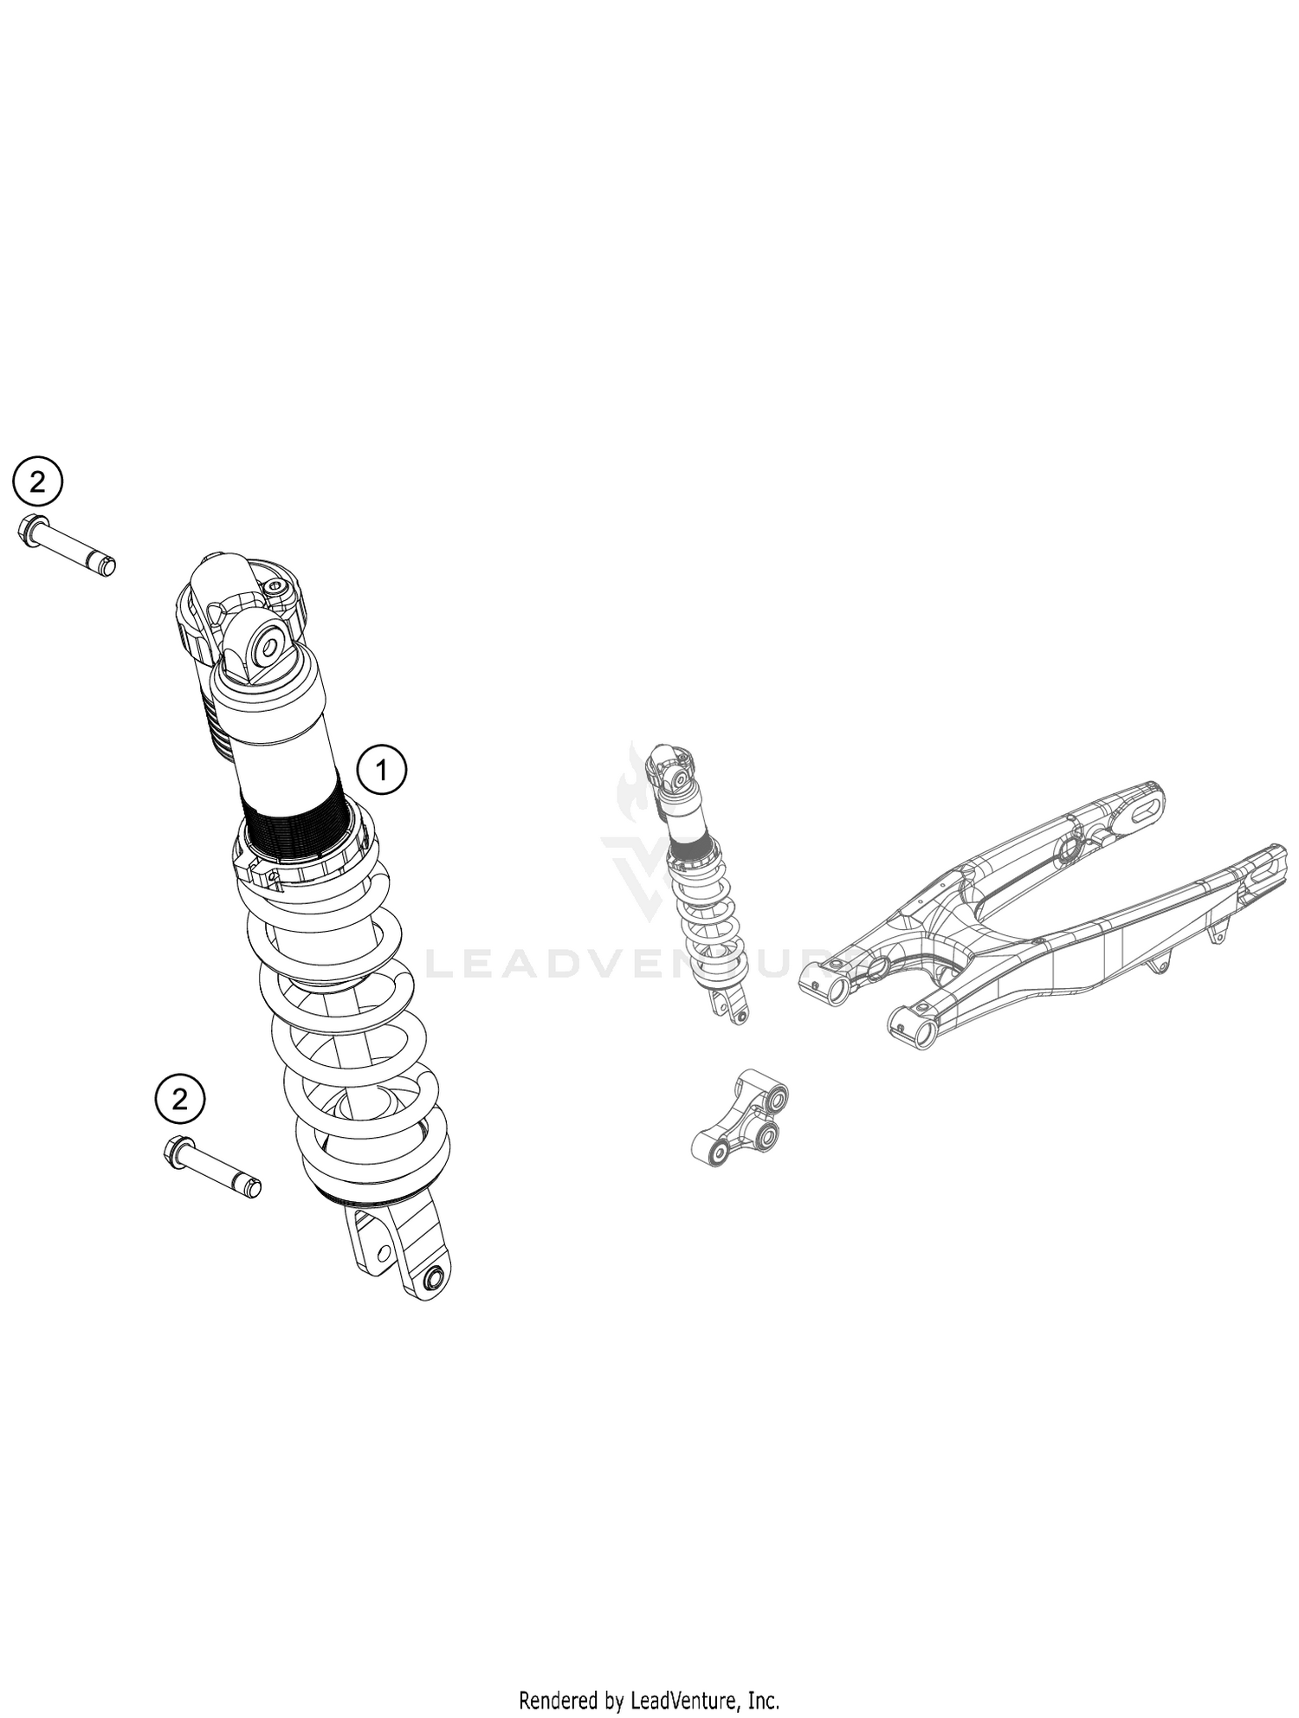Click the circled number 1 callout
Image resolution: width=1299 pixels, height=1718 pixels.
382,768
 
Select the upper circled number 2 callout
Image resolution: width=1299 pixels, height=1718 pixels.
38,481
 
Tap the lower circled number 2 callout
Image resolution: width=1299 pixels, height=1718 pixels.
180,1100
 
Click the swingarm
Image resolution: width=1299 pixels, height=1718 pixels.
1039,918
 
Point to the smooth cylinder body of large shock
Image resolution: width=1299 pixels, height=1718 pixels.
281,745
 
